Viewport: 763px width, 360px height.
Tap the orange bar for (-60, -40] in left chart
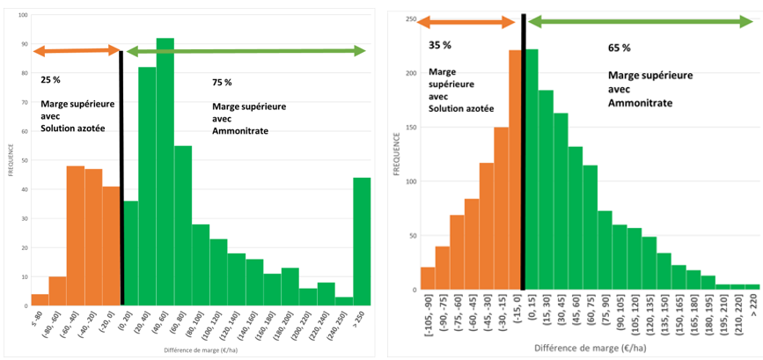[x=75, y=236]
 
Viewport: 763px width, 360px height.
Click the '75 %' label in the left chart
[x=222, y=82]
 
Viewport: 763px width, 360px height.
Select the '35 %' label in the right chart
[x=438, y=44]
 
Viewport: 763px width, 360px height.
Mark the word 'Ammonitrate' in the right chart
[x=639, y=103]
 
